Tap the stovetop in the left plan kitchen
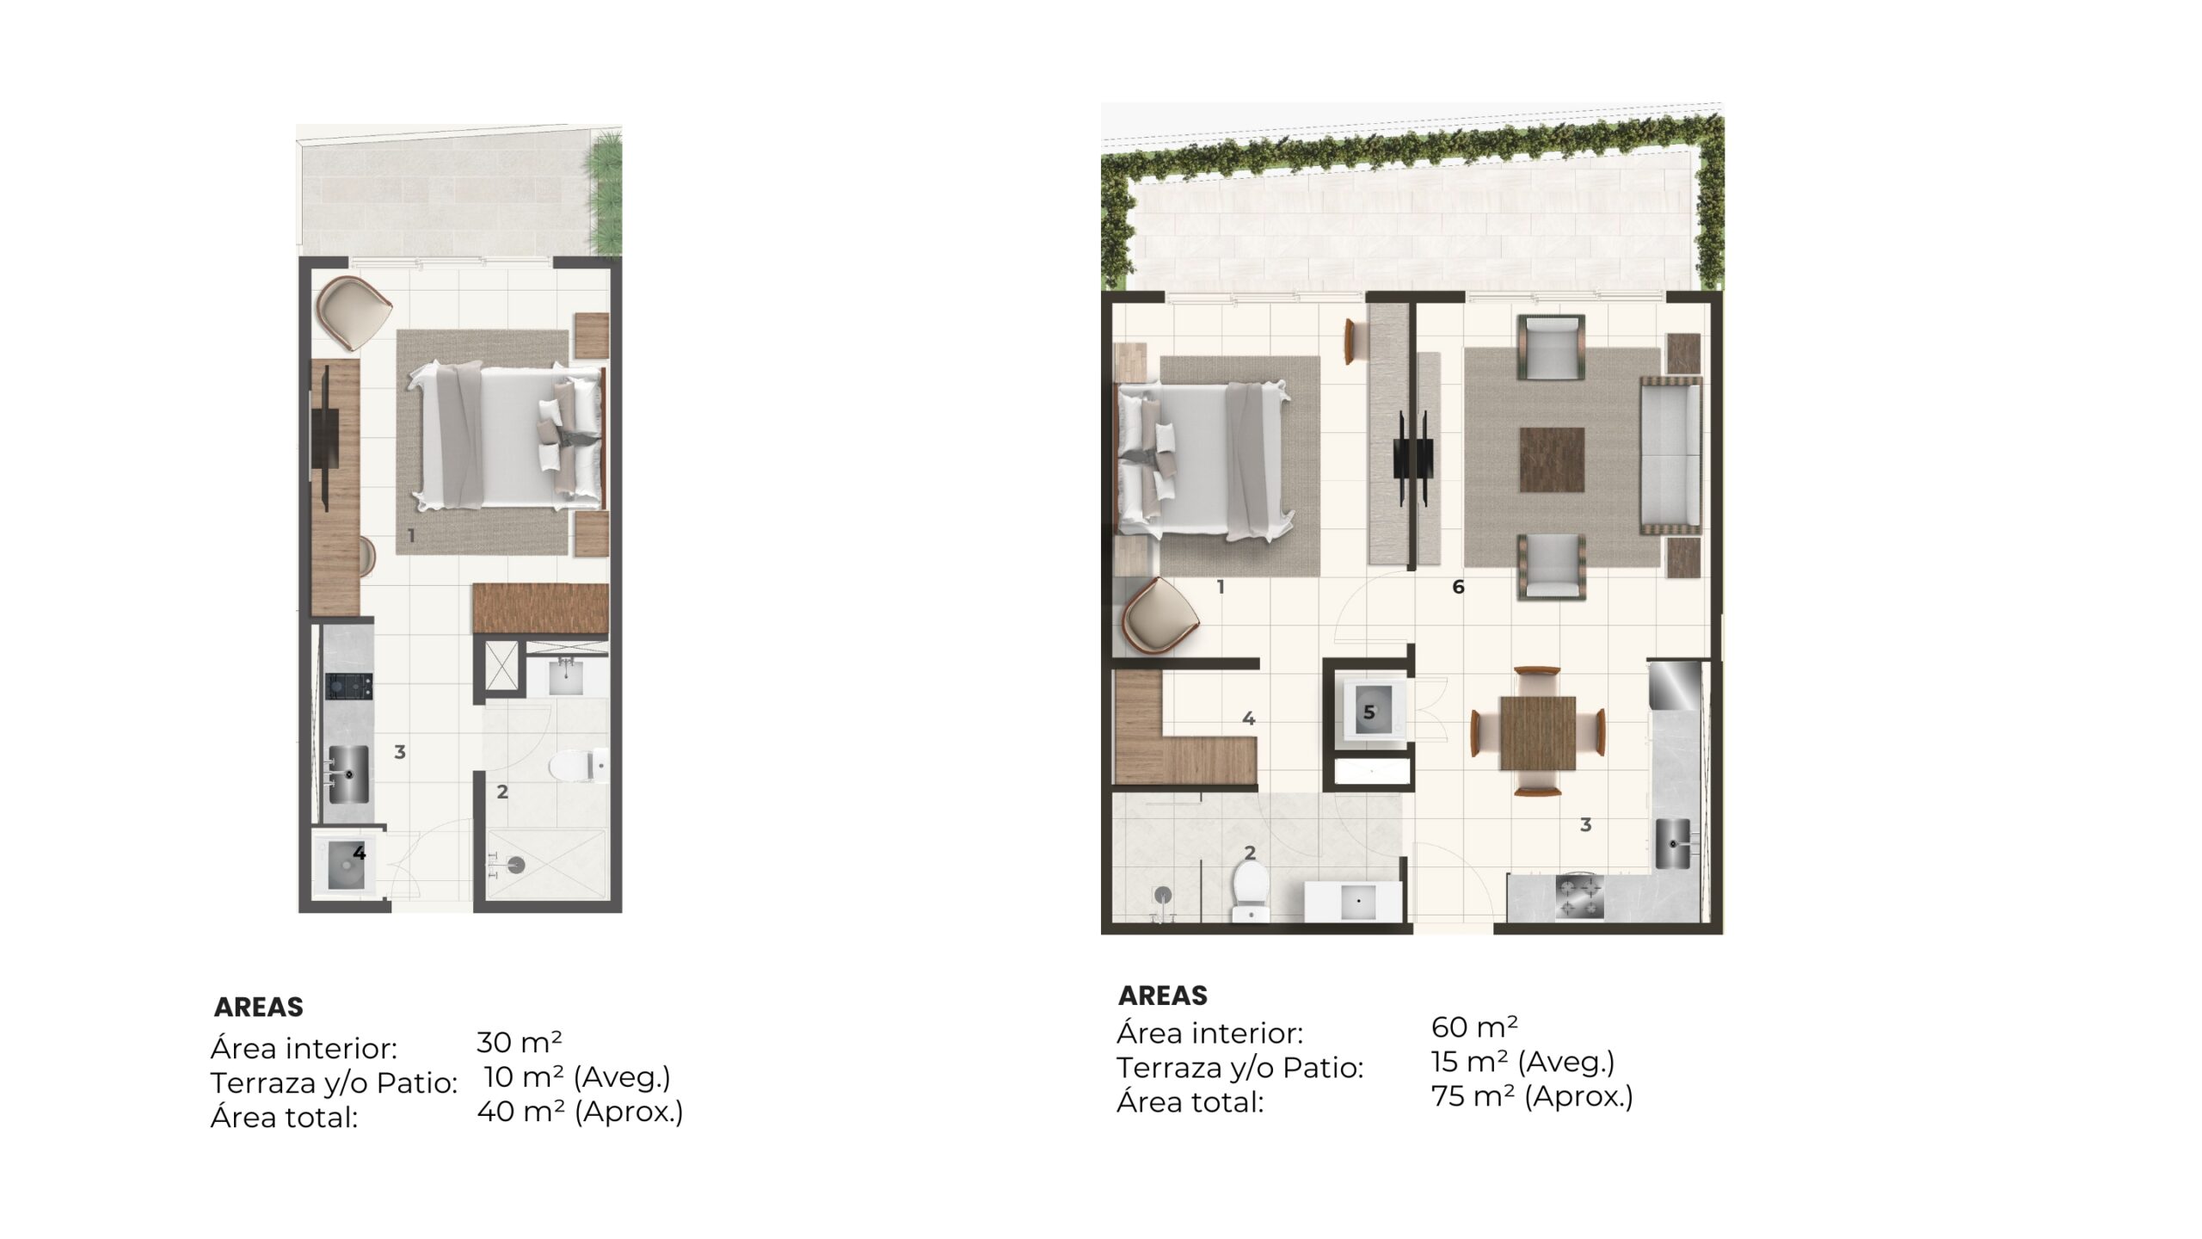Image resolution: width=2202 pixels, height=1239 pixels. tap(349, 686)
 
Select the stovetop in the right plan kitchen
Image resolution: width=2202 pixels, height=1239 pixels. tap(1579, 897)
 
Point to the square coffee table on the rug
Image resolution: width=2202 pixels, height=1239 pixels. tap(1552, 459)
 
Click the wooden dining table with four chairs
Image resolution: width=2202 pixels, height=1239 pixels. tap(1538, 732)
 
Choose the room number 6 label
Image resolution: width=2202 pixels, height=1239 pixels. tap(1458, 587)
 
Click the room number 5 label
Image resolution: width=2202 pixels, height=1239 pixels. tap(1369, 712)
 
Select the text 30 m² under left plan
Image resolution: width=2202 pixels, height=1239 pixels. tap(520, 1042)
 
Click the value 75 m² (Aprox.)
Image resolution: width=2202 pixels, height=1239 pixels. tap(1532, 1097)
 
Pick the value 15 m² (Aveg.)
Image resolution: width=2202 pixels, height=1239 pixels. tap(1522, 1063)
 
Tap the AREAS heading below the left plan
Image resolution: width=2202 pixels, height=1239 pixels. tap(259, 1007)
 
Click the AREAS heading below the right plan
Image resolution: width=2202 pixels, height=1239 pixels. tap(1163, 996)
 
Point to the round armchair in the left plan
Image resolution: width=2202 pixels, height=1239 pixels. tap(354, 312)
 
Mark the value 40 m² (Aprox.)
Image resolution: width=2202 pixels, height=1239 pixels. tap(581, 1112)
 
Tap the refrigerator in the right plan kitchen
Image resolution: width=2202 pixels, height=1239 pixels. tap(1676, 685)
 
